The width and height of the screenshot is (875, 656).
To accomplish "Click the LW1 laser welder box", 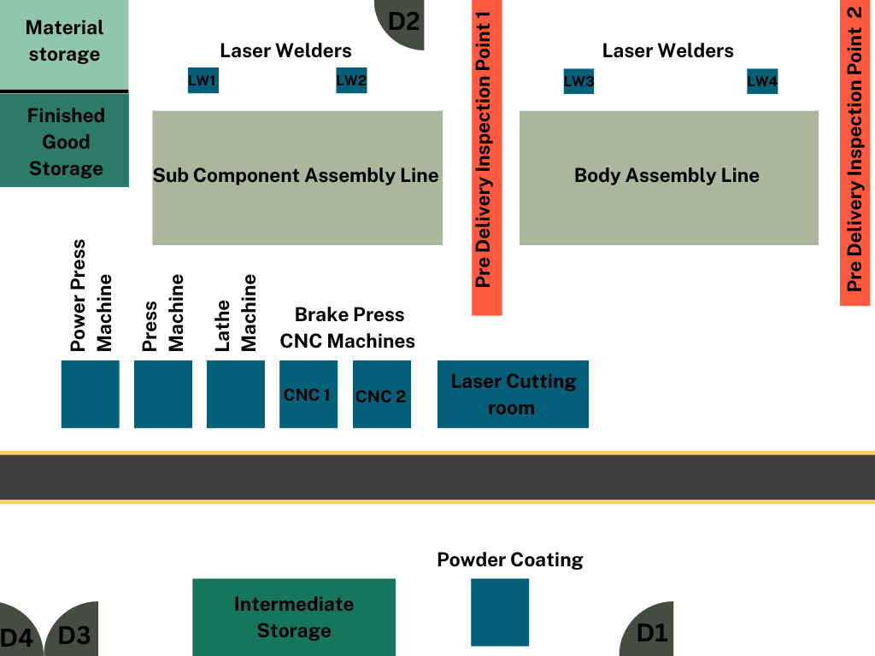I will [x=203, y=81].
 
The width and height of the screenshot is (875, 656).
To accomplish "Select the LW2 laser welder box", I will [x=351, y=81].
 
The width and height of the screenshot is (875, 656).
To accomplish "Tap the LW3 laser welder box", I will [x=578, y=81].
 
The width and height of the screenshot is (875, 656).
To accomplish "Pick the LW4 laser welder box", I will [x=762, y=81].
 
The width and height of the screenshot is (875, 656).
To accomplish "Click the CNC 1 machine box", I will [x=308, y=394].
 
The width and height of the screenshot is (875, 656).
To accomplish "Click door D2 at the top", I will [x=401, y=21].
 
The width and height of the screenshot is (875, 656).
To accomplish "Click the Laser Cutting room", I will [x=513, y=394].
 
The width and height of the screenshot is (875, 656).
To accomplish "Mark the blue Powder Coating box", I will [x=500, y=612].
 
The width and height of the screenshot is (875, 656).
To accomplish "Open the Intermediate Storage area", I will [x=294, y=617].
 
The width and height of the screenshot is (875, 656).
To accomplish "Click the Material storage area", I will [x=64, y=44].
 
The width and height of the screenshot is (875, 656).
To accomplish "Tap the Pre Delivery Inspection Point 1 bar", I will [x=486, y=157].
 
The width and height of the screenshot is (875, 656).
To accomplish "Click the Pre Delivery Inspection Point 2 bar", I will [x=855, y=152].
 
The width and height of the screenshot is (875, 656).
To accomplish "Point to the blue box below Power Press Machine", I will [x=91, y=394].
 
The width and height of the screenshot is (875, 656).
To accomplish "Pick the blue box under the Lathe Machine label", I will [x=236, y=394].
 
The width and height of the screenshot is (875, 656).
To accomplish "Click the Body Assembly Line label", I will [x=667, y=176].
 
